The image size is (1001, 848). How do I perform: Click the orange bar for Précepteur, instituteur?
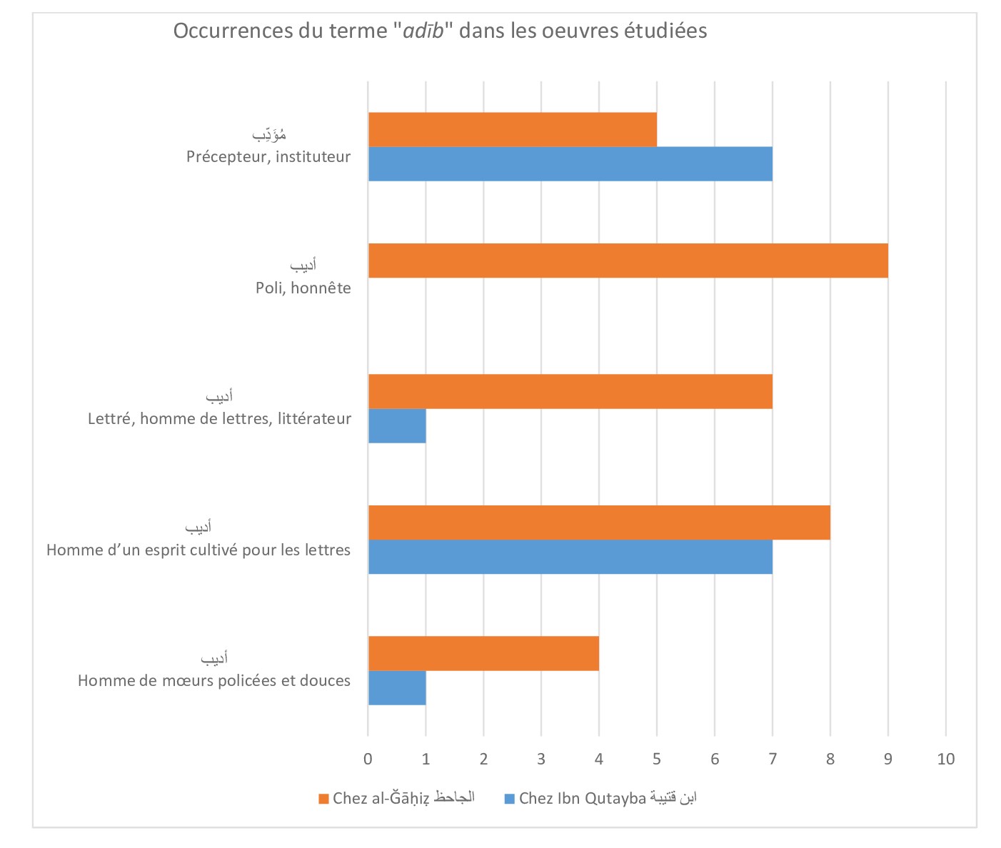click(512, 129)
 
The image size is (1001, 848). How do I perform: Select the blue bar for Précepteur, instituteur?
click(570, 163)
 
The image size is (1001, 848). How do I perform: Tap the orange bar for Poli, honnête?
click(628, 261)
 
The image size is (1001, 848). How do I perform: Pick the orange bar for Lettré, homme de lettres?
click(570, 391)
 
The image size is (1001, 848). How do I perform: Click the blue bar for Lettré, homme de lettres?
click(397, 425)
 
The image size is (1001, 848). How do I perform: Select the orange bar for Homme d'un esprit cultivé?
click(598, 523)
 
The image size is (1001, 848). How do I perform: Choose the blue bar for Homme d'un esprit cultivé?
click(570, 557)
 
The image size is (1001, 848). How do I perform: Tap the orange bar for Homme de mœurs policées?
click(483, 653)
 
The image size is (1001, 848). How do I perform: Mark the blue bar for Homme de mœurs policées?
click(397, 687)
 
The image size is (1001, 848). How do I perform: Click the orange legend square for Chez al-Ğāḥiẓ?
click(323, 798)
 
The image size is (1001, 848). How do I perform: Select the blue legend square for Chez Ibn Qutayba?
click(510, 798)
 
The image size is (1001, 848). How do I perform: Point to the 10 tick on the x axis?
click(945, 759)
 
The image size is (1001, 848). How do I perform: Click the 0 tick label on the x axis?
click(368, 759)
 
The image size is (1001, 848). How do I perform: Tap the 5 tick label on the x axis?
click(657, 759)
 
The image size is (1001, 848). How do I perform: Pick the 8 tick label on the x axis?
click(830, 759)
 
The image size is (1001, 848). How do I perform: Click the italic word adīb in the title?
click(423, 31)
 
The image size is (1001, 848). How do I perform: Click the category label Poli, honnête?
click(303, 288)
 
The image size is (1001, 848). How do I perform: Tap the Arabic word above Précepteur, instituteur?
click(269, 134)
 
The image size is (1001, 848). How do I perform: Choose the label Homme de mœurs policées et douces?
click(214, 680)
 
